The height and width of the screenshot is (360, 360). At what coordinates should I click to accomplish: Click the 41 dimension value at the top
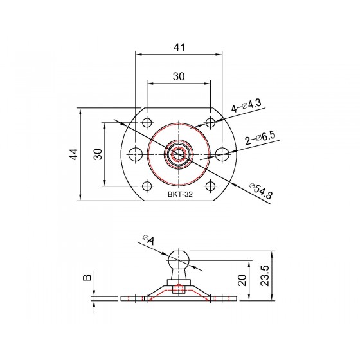[x=179, y=48]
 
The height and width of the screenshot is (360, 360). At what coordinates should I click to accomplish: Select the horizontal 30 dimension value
[x=179, y=76]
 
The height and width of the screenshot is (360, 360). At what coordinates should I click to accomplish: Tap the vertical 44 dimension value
[x=74, y=154]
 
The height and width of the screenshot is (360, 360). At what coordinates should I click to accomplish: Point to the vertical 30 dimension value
[x=98, y=154]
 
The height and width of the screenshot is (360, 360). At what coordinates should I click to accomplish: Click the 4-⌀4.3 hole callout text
[x=246, y=105]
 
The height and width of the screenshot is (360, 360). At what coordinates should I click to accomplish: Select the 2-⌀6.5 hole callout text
[x=260, y=138]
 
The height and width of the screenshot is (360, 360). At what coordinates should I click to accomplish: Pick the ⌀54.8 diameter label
[x=261, y=191]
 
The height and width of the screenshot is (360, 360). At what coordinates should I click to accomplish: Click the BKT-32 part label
[x=180, y=194]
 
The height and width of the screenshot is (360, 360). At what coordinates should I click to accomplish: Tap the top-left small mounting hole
[x=147, y=123]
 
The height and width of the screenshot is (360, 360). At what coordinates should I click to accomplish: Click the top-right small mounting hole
[x=210, y=122]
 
